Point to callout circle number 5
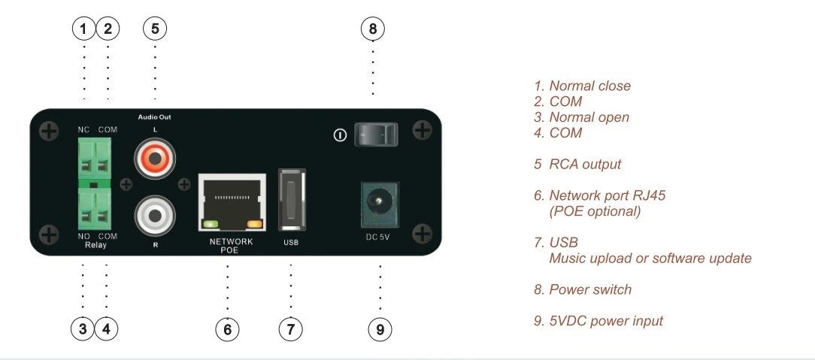click(155, 29)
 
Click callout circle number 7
click(291, 328)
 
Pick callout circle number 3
click(83, 328)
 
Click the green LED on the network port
click(210, 223)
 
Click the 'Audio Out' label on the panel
click(155, 118)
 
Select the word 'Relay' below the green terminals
click(94, 244)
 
